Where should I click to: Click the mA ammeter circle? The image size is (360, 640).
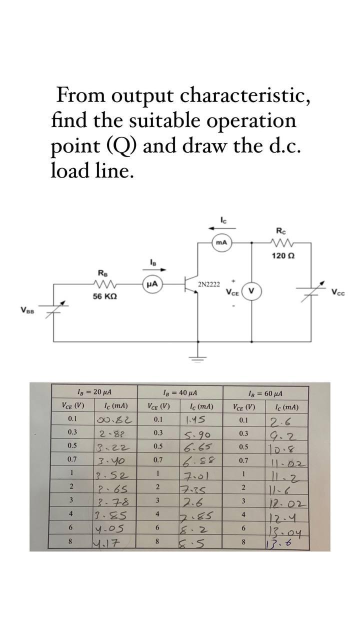221,242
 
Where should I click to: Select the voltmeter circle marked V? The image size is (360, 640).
251,291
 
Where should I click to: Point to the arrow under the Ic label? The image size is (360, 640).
221,227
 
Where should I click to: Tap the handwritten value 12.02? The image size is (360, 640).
284,501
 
